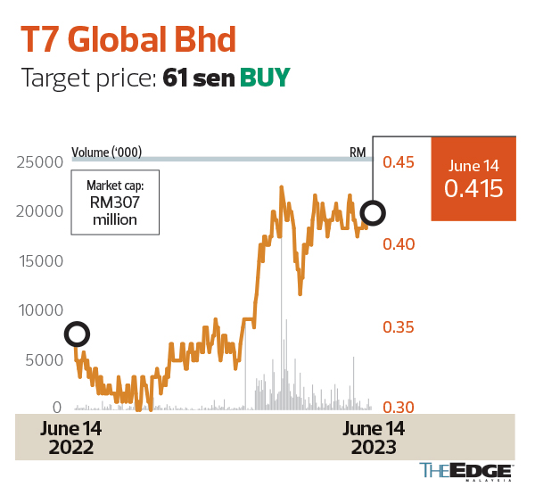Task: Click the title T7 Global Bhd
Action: coord(128,40)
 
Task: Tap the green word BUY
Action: coord(265,78)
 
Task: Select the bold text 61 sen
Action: coord(198,78)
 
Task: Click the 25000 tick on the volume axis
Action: coord(37,162)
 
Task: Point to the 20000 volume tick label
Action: coord(37,211)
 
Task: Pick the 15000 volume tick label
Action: coord(37,261)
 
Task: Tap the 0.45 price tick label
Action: coord(399,162)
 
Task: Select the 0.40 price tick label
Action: coord(399,244)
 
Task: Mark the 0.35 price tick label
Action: coord(399,327)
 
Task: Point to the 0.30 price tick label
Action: coord(399,408)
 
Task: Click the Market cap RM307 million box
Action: coord(116,202)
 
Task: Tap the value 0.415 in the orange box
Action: coord(474,189)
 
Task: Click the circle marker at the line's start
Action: coord(77,334)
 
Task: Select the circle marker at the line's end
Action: coord(374,213)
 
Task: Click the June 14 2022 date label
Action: coord(70,438)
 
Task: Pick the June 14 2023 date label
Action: coord(374,438)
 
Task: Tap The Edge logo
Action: coord(465,471)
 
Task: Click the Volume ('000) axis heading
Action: coord(107,152)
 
